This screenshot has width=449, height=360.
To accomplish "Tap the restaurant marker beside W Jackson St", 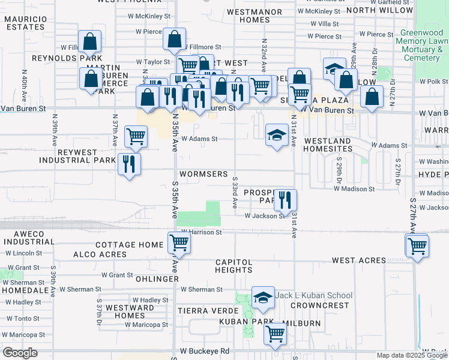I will click(x=285, y=199).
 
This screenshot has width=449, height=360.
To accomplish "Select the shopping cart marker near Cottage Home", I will click(x=179, y=243).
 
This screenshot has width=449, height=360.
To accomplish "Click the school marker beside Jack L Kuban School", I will click(x=262, y=298).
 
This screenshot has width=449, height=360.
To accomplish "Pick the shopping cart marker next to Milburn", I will click(x=275, y=333).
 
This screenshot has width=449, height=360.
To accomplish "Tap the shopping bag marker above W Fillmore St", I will click(x=174, y=40).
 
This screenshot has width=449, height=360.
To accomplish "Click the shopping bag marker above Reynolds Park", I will click(x=89, y=42).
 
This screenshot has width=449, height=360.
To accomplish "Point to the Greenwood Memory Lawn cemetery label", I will click(x=418, y=45).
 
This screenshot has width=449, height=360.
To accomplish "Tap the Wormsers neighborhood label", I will click(x=204, y=174).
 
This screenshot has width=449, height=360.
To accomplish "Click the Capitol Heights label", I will click(x=234, y=266).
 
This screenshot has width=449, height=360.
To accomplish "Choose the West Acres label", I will click(x=358, y=260).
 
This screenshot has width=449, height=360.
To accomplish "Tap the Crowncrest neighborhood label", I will click(x=319, y=305).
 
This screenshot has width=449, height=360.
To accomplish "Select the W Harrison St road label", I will click(x=202, y=232).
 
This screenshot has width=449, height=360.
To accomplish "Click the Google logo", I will click(x=20, y=353).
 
